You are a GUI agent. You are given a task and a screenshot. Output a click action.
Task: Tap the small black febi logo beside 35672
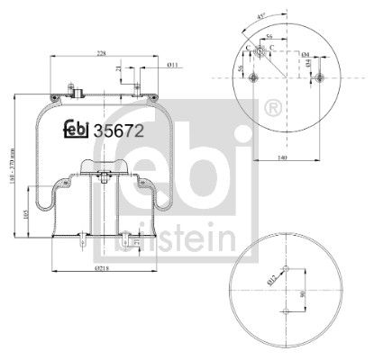[79, 128]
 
